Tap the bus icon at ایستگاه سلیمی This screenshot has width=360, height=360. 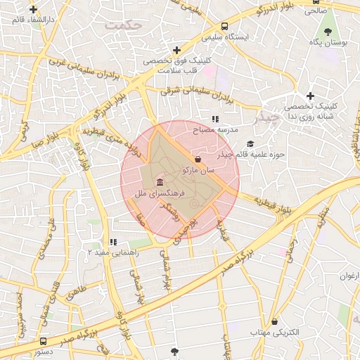point(224,25)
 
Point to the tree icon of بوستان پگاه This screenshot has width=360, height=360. point(328,32)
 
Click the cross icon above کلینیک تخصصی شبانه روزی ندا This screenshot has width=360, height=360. point(310,96)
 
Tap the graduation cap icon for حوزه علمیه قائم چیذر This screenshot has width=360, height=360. point(251,143)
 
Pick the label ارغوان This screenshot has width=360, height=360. point(349,276)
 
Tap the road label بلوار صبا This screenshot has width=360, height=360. point(47,139)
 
